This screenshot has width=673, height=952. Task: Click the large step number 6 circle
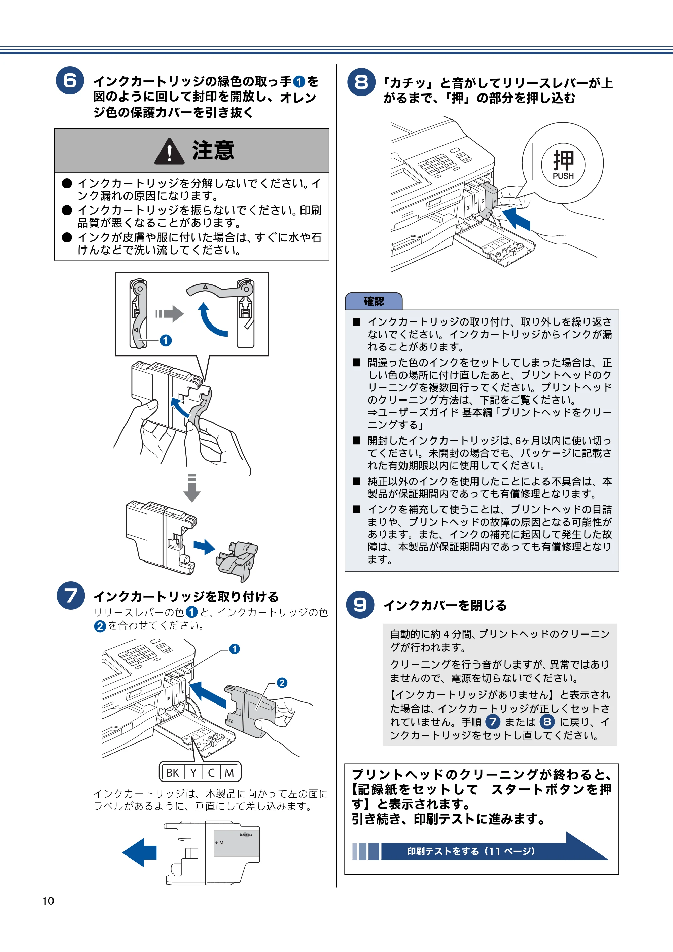point(70,80)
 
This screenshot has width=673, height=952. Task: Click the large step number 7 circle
point(71,596)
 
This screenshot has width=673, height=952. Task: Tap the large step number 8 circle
point(361,82)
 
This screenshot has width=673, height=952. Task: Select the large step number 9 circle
point(360,605)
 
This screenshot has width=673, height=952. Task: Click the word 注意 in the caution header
point(213,150)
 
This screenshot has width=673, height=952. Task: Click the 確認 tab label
point(374,301)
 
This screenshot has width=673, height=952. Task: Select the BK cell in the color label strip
point(173,772)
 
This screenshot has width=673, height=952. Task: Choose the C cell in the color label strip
point(212,772)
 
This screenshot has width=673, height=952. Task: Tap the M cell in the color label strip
point(229,772)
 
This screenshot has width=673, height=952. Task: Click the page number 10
point(48,901)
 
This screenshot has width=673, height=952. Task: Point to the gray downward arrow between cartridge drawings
point(192,488)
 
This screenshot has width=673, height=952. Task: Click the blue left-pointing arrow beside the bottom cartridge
point(139,852)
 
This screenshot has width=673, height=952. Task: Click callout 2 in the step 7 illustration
point(282,683)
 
